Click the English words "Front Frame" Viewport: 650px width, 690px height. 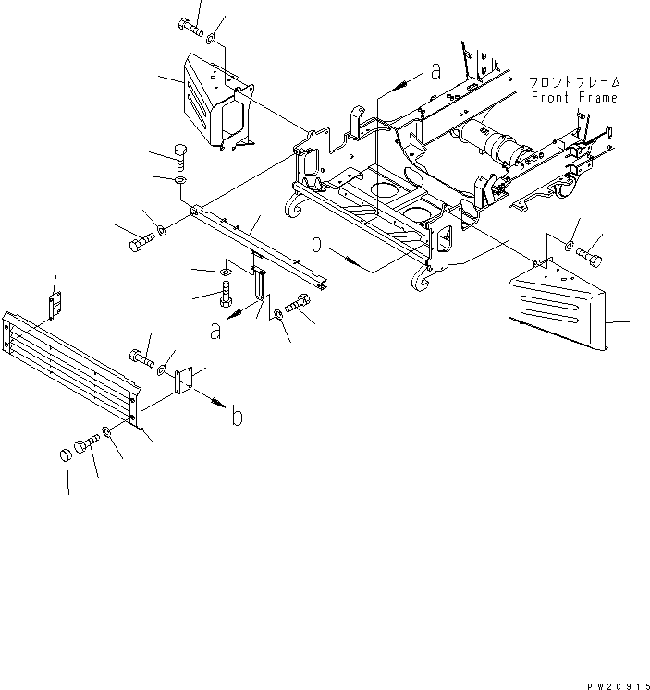click(573, 97)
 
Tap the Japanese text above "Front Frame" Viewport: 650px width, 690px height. click(573, 82)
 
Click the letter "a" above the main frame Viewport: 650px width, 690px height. click(435, 70)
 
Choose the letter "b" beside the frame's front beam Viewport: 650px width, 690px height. click(316, 245)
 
